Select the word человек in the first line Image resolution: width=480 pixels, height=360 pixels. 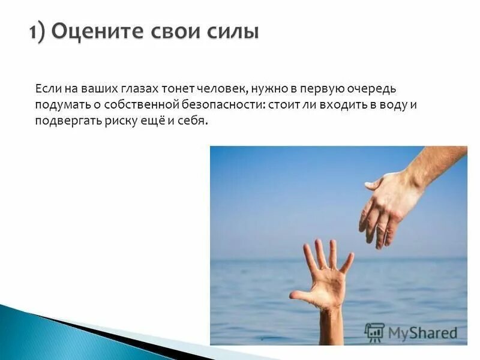click(220, 89)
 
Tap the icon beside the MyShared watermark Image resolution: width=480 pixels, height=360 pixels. click(374, 332)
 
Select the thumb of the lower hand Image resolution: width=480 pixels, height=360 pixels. click(299, 296)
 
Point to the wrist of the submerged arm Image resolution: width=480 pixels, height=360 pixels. click(331, 315)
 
